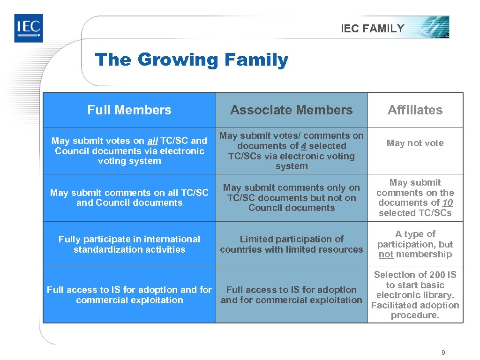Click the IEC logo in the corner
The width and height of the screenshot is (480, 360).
(28, 28)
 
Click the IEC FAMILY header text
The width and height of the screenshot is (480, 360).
(372, 29)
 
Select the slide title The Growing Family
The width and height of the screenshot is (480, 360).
(191, 60)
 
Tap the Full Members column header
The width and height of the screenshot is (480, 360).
(129, 110)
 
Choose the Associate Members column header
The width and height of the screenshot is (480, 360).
(291, 110)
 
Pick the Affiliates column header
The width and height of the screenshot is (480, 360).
(415, 110)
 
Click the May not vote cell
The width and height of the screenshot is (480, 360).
(415, 143)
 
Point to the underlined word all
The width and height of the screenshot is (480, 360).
(152, 141)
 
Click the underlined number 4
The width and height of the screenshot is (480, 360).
(304, 146)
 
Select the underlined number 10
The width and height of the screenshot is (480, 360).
(447, 203)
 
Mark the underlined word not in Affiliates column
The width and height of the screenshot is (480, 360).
(386, 255)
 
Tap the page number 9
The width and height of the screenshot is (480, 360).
(443, 352)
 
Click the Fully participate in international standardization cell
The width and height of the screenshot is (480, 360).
(129, 244)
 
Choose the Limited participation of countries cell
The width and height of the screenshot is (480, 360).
(291, 244)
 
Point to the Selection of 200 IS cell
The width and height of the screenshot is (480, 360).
(415, 295)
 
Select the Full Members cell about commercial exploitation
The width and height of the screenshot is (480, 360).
(129, 295)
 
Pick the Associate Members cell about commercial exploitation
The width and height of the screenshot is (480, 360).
(291, 295)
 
